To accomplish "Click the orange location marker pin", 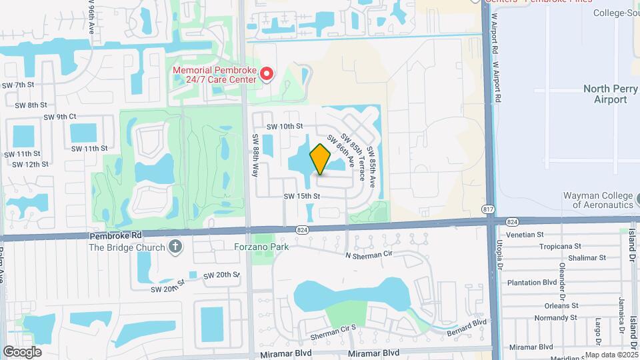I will [x=321, y=159].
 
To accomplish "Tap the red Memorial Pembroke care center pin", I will [x=267, y=73].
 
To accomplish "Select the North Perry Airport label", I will [x=605, y=94].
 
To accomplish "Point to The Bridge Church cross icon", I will [x=175, y=247].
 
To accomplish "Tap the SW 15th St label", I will [x=302, y=196].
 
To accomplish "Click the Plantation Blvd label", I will [x=531, y=282].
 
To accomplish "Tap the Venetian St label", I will [x=526, y=234].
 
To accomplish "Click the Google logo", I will [x=22, y=351].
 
